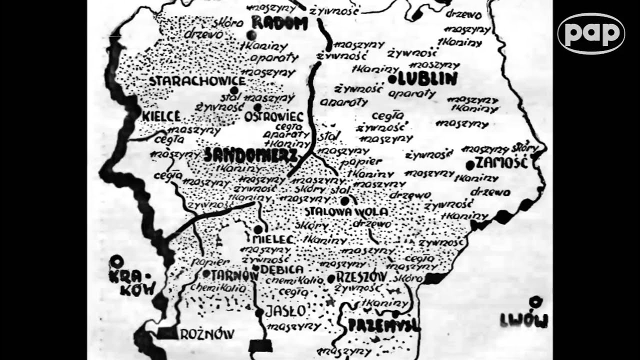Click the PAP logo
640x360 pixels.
[x=591, y=33]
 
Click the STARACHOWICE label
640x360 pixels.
[x=197, y=80]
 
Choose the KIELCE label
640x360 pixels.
[x=161, y=116]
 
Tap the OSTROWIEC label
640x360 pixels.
[x=274, y=116]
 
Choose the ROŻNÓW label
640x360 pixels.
[x=206, y=333]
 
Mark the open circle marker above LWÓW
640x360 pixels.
[x=536, y=301]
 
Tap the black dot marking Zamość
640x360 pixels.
[x=470, y=164]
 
